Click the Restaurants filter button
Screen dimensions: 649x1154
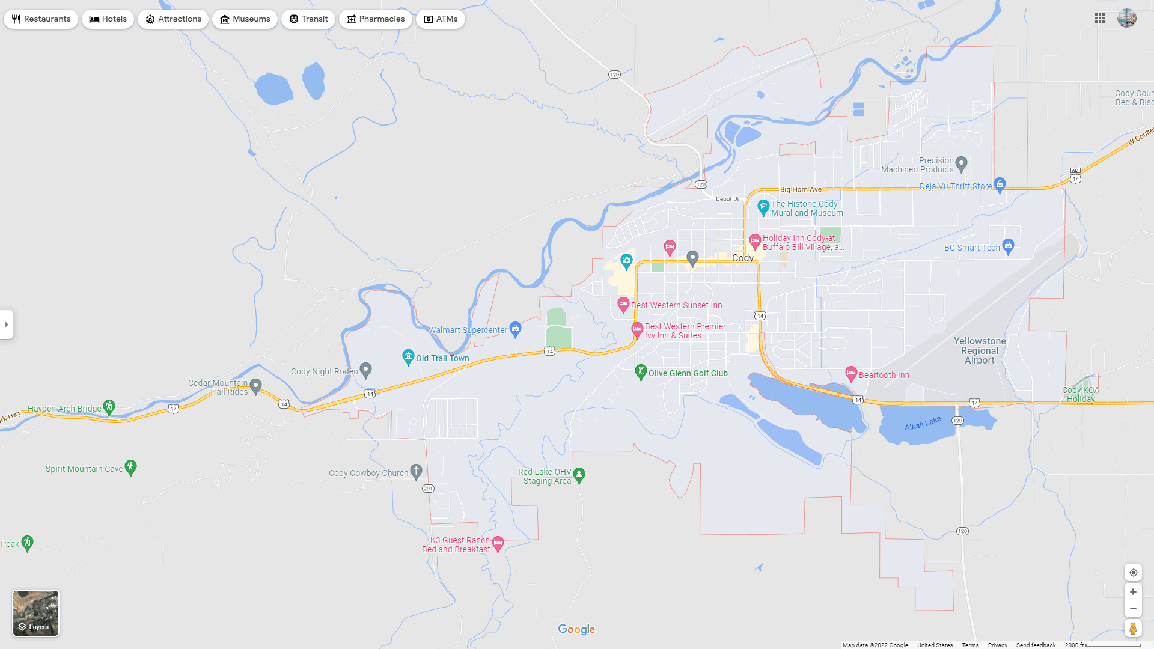pyautogui.click(x=41, y=19)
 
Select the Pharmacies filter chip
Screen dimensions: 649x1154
pyautogui.click(x=375, y=19)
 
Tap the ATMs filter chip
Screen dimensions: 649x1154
pyautogui.click(x=440, y=19)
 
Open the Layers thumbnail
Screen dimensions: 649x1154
pyautogui.click(x=36, y=612)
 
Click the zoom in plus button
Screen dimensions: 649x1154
pyautogui.click(x=1133, y=592)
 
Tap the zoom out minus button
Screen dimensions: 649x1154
pyautogui.click(x=1133, y=609)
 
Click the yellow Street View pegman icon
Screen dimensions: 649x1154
pyautogui.click(x=1133, y=629)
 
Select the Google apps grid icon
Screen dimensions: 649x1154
pyautogui.click(x=1100, y=19)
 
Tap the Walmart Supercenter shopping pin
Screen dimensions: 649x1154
pyautogui.click(x=515, y=328)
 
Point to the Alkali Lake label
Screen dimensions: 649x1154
pyautogui.click(x=923, y=424)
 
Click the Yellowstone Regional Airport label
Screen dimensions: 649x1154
pyautogui.click(x=980, y=351)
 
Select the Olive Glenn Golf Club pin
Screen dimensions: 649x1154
pyautogui.click(x=641, y=372)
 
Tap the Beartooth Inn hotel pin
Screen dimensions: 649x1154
pyautogui.click(x=851, y=374)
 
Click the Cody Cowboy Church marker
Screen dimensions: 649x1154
pyautogui.click(x=416, y=471)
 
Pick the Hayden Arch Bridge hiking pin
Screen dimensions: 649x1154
pyautogui.click(x=109, y=407)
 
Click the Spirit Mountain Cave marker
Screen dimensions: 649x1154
pyautogui.click(x=131, y=467)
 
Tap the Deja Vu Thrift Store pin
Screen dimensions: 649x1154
pyautogui.click(x=1000, y=184)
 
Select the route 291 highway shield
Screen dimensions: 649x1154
pyautogui.click(x=428, y=489)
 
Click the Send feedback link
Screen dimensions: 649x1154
pyautogui.click(x=1036, y=645)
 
